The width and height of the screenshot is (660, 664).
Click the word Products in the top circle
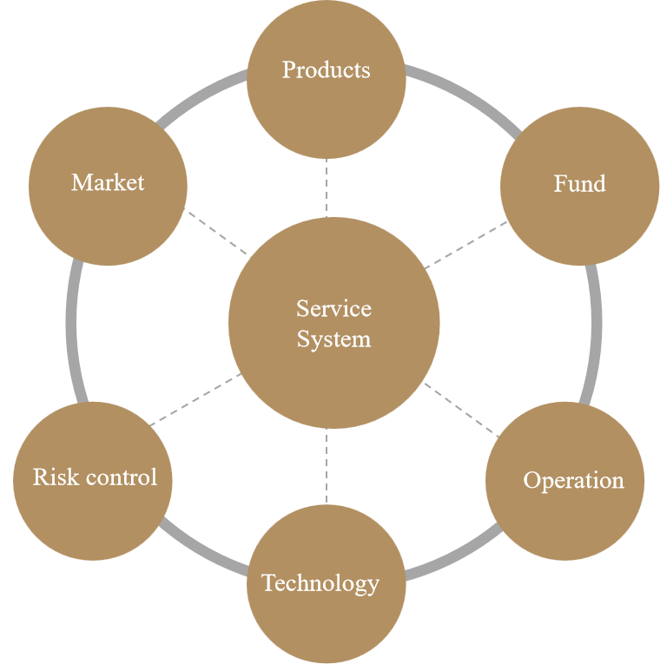coord(326,69)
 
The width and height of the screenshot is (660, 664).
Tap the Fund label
coord(579,184)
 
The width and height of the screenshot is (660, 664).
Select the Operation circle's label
coord(573,480)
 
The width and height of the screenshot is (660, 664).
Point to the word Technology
coord(320,582)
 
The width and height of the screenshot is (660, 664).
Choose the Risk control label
coord(95,477)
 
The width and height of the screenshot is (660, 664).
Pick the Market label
coord(108,182)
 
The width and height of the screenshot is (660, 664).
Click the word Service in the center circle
coord(333,308)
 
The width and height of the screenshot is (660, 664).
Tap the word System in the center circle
coord(333,339)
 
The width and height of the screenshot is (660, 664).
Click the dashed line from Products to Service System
coord(327,187)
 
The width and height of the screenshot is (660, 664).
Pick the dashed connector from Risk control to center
coord(196,399)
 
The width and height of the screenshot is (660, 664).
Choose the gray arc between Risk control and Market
coord(71,330)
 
